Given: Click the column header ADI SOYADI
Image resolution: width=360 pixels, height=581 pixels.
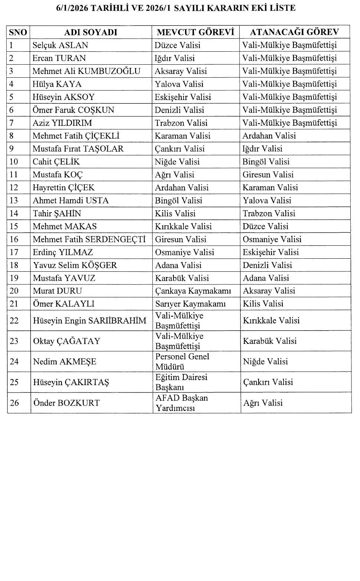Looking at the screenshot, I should (91, 32).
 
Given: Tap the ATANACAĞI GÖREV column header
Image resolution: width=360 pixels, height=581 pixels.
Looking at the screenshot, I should (294, 32).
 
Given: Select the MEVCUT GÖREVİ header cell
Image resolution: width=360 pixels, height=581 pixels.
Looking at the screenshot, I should (195, 32).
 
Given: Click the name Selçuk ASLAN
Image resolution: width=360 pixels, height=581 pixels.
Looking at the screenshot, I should (60, 45).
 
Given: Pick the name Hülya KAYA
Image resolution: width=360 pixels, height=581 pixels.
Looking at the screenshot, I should (57, 84).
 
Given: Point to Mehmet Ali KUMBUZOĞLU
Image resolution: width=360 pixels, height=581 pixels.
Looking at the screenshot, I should (86, 71).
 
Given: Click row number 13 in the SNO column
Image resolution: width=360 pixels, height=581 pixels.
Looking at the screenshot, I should (14, 201).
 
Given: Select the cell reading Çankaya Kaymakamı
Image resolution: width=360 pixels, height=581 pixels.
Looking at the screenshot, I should (193, 291).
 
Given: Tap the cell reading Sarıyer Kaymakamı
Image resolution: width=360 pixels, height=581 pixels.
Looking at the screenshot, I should (190, 304).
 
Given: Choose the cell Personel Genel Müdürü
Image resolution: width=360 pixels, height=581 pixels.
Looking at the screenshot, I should (182, 362).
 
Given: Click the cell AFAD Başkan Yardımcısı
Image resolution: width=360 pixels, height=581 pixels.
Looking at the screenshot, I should (181, 403).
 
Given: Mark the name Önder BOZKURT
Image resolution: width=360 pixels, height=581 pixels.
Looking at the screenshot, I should (67, 403).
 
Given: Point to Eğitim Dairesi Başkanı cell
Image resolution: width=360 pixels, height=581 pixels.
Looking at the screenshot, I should (181, 382).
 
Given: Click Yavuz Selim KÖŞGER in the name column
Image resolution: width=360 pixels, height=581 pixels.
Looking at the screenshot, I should (75, 265).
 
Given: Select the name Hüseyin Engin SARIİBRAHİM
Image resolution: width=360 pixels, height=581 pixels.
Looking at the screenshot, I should (90, 321).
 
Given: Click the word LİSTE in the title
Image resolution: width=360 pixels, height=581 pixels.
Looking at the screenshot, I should (282, 8).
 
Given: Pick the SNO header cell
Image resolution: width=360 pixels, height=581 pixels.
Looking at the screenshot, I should (18, 32).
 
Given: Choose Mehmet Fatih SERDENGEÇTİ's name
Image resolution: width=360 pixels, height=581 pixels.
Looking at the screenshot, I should (89, 239).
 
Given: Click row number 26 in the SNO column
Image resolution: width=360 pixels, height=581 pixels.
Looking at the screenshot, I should (14, 403).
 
